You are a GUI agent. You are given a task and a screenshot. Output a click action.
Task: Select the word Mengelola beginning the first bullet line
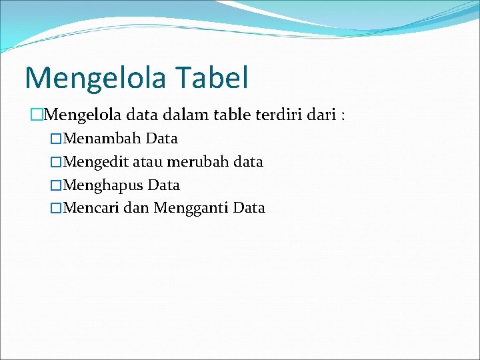click(x=81, y=116)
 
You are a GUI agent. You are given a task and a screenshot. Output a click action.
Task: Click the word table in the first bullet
click(x=230, y=115)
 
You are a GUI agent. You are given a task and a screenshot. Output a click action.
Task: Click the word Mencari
click(x=91, y=208)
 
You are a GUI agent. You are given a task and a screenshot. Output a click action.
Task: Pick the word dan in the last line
click(x=137, y=208)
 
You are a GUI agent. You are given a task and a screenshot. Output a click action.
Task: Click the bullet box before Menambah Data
click(x=57, y=139)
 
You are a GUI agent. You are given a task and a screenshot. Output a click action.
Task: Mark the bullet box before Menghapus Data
click(x=57, y=185)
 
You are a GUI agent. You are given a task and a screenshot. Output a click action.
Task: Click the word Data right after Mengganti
click(x=249, y=208)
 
